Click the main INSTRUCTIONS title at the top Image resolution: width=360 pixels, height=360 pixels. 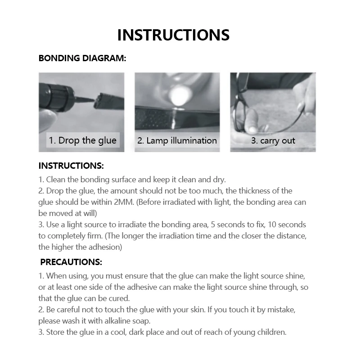[x=173, y=35]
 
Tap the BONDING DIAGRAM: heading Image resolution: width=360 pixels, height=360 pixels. [x=82, y=58]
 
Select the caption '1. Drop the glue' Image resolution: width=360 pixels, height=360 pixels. [x=82, y=140]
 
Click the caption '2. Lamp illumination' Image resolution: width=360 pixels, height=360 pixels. [x=177, y=140]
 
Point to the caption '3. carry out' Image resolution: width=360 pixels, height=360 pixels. [x=273, y=140]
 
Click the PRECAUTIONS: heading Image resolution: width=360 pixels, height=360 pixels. [x=71, y=261]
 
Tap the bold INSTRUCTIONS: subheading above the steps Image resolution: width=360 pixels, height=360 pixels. [x=71, y=166]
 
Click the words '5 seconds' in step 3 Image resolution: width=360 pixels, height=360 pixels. [x=232, y=224]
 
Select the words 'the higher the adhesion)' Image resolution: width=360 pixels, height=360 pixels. [x=81, y=247]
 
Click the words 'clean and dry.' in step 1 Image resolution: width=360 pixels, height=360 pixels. [x=202, y=179]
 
